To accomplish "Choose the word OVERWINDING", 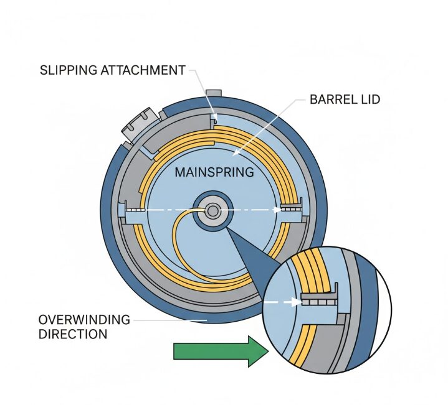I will click(84, 320).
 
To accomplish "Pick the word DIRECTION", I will click(73, 334).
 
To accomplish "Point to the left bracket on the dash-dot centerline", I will click(133, 210).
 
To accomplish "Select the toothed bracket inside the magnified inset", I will click(319, 300).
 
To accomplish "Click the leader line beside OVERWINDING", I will click(168, 319).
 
